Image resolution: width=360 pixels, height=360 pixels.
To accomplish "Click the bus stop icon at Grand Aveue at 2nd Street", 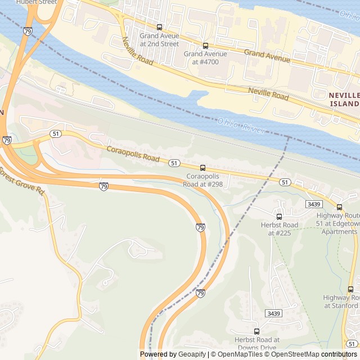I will click(159, 27).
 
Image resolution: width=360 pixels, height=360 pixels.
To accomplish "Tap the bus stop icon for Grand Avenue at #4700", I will click(205, 46).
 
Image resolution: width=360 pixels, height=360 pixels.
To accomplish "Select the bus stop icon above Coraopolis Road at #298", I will click(202, 168).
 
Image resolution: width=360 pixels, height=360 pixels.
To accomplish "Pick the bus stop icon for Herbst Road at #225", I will click(279, 217).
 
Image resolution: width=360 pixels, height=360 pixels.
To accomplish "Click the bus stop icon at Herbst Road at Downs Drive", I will click(257, 331).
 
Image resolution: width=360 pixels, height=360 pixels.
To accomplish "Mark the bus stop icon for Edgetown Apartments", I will click(339, 207).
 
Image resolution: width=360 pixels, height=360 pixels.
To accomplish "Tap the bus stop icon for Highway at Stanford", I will click(351, 289).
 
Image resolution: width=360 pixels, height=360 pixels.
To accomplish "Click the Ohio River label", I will click(241, 125).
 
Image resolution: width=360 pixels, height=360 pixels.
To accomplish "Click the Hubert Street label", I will click(37, 2).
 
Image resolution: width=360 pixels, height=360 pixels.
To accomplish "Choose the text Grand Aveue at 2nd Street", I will click(159, 39).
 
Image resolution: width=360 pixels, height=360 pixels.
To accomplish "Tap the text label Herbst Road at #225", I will click(279, 229).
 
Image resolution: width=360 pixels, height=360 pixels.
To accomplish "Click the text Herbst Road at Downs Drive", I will click(257, 344).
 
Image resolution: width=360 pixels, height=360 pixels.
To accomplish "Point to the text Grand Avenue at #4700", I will click(205, 58).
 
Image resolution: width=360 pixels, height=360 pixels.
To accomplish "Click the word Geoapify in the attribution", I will click(192, 354).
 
